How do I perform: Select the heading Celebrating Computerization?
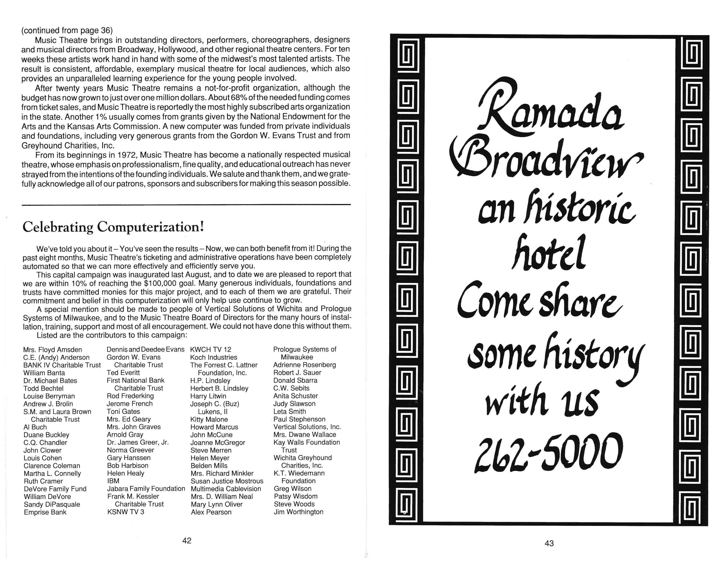click(113, 227)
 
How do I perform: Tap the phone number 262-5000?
click(548, 452)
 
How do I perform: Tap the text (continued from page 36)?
click(67, 30)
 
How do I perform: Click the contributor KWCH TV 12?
click(210, 350)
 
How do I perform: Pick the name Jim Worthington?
click(298, 512)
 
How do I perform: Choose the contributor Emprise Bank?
click(45, 512)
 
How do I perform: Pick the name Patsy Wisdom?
click(295, 496)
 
